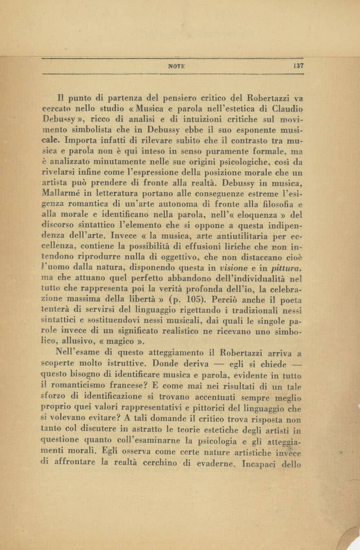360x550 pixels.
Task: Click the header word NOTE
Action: coord(176,66)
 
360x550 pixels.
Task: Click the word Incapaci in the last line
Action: coord(258,464)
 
